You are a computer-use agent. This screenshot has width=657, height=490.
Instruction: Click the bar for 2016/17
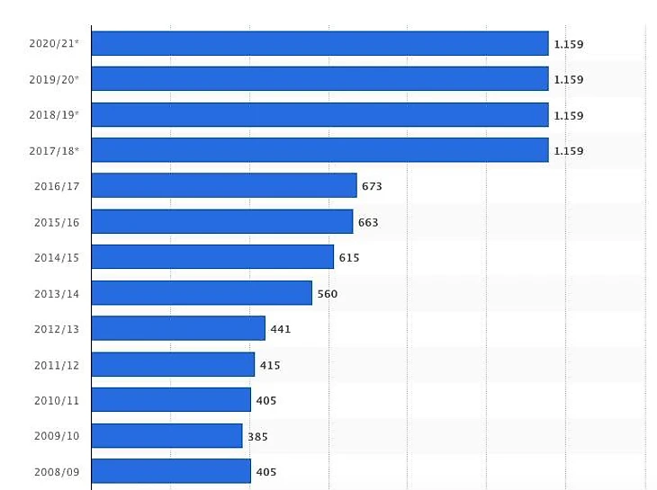[x=224, y=186]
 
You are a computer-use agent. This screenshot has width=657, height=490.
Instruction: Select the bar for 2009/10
[x=167, y=436]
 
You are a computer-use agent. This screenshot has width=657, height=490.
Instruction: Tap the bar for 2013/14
[x=202, y=293]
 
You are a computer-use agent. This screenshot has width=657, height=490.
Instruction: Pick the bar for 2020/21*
[x=319, y=43]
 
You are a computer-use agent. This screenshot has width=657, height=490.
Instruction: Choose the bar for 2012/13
[x=178, y=328]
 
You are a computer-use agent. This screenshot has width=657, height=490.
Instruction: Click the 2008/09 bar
[x=171, y=471]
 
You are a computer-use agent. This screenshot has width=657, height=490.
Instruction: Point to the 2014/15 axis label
[x=57, y=258]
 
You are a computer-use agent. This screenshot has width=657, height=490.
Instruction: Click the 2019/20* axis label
[x=54, y=79]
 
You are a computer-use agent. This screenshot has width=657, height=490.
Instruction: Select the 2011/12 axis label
[x=57, y=365]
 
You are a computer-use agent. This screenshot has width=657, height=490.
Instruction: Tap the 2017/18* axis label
[x=54, y=151]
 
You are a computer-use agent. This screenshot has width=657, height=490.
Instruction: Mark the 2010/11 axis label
[x=57, y=401]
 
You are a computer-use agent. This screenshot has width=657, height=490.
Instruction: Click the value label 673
[x=372, y=186]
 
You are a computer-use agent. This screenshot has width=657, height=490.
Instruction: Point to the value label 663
[x=368, y=222]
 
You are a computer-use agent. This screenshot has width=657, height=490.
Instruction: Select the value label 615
[x=349, y=258]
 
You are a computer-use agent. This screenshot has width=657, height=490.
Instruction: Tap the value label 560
[x=328, y=294]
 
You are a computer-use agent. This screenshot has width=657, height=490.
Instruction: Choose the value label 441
[x=281, y=329]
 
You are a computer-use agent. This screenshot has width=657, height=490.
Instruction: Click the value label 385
[x=257, y=437]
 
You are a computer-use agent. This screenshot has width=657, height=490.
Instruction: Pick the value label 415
[x=270, y=365]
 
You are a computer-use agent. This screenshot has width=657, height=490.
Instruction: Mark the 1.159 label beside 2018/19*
[x=568, y=115]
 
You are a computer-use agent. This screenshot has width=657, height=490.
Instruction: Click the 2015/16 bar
[x=222, y=221]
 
